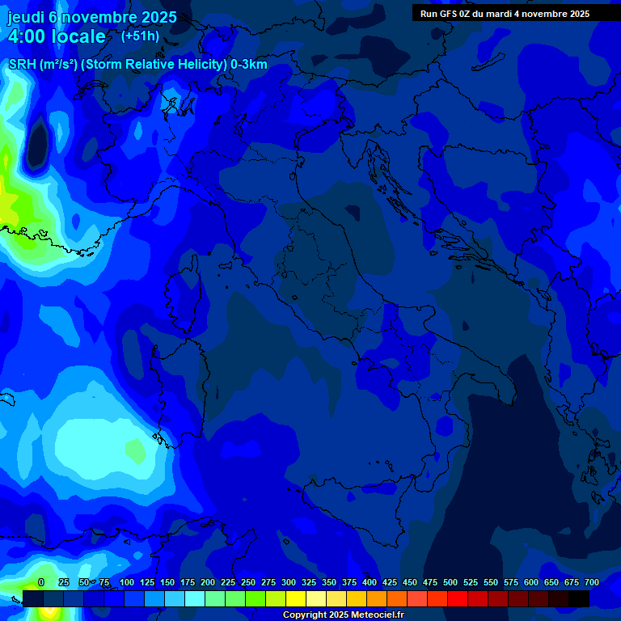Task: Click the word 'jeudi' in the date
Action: coord(27,17)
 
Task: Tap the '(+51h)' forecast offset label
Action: coord(140,36)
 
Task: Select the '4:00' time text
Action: coord(28,36)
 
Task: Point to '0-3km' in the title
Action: coord(249,65)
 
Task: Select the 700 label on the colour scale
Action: coord(591,582)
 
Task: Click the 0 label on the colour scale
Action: coord(41,582)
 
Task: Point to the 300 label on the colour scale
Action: coord(288,582)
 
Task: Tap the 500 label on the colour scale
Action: coord(450,582)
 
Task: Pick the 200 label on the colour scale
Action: coord(208,582)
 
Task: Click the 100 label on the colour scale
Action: coord(127,582)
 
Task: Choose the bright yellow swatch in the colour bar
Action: coord(296,598)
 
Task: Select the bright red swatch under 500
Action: coord(458,598)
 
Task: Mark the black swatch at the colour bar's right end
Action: coord(579,598)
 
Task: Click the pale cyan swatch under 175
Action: coord(195,598)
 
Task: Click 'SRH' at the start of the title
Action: coord(22,65)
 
